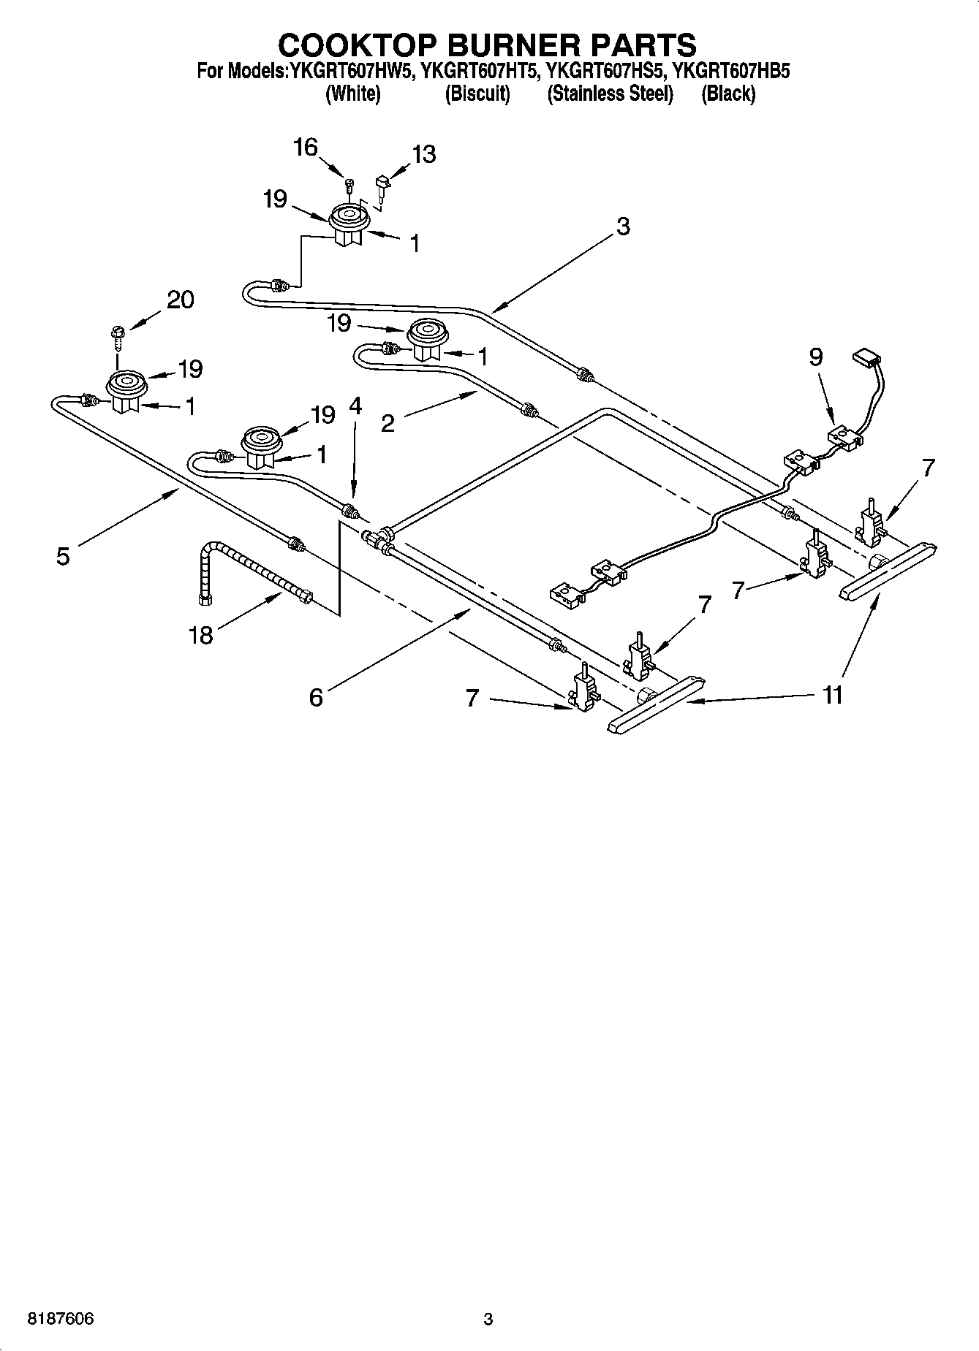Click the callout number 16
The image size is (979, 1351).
[306, 148]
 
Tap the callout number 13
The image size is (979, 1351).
[424, 154]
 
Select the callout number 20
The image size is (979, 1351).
[181, 300]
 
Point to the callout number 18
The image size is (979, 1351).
[200, 635]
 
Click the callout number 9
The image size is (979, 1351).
[816, 357]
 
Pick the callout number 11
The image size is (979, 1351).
[833, 694]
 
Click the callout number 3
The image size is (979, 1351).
[622, 227]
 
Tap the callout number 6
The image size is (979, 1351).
[315, 698]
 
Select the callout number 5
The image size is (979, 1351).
[63, 556]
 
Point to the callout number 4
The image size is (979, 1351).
[355, 406]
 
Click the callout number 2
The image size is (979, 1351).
[388, 423]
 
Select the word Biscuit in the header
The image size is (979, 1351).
[477, 94]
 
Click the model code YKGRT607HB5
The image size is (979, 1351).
[730, 71]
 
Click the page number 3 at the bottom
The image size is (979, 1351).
[488, 1319]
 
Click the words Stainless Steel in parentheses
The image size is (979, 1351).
[610, 94]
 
